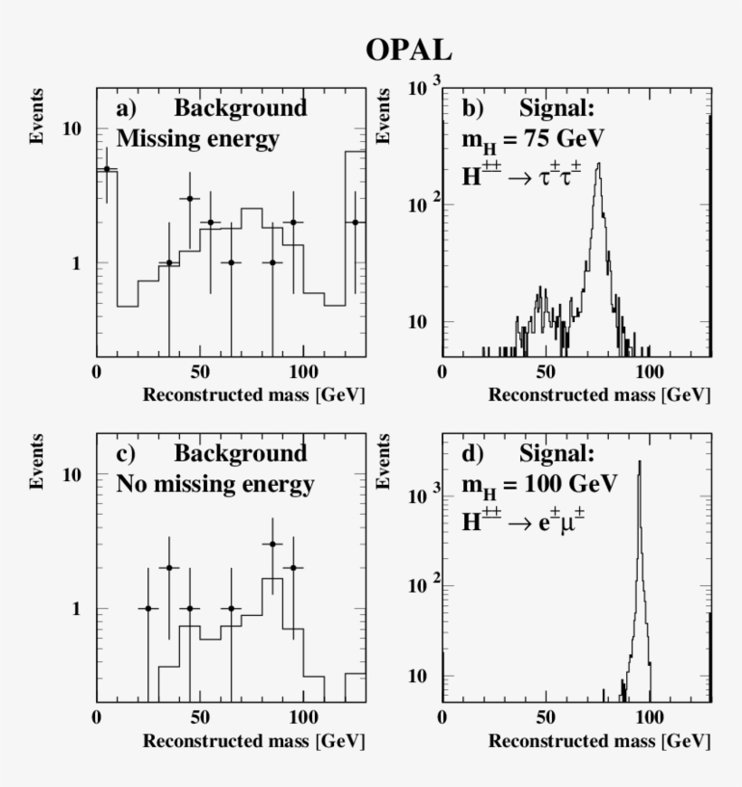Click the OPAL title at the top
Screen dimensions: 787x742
[409, 51]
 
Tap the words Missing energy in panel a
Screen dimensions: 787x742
[198, 139]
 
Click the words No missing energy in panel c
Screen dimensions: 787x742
[215, 484]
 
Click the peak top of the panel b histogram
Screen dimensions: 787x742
[599, 164]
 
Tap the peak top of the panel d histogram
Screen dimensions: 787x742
[639, 461]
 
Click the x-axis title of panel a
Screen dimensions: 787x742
[254, 395]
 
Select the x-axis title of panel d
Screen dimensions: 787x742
[600, 741]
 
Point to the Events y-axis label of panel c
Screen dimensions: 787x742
[38, 461]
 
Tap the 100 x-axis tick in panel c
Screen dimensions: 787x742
[302, 716]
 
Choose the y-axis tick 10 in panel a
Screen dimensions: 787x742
[71, 129]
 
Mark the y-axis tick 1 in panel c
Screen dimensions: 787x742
[78, 609]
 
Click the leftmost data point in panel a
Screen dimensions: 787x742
[107, 168]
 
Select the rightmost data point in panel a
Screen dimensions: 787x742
[355, 222]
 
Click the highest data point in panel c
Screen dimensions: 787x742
[272, 544]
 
